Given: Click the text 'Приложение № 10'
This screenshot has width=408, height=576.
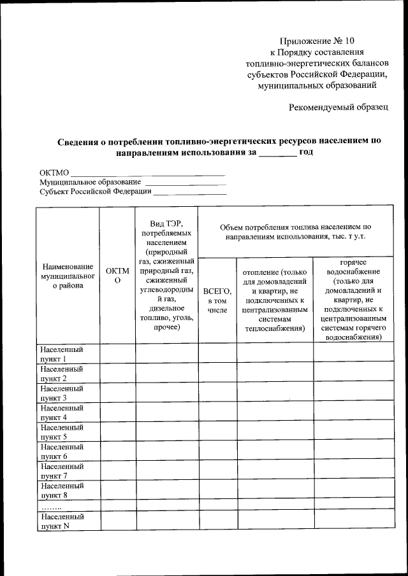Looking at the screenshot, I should coord(316,40).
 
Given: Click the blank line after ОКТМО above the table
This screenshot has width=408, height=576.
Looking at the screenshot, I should coord(147,172).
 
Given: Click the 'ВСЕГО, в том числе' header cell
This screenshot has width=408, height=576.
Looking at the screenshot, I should coord(217,300).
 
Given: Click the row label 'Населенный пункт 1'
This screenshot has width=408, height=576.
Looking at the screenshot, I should coord(61,354).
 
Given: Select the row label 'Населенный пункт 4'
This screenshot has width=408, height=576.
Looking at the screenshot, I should coord(61,412).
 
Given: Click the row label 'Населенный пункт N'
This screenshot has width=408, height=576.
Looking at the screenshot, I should coord(61,521).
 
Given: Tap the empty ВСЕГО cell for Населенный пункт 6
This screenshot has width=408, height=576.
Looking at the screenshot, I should coord(217,451).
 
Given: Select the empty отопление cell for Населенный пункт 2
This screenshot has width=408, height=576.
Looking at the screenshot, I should coord(275,373).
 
